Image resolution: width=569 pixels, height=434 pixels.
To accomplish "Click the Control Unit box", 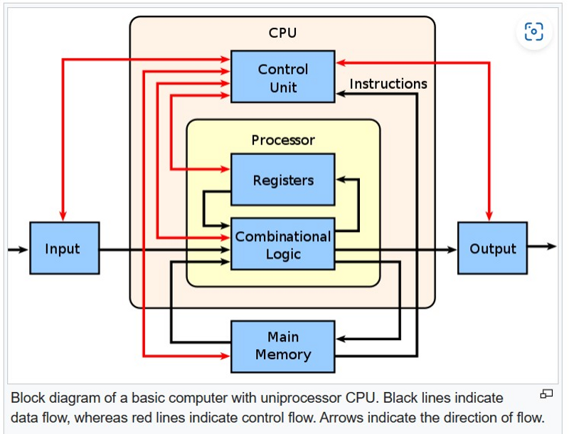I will (282, 77).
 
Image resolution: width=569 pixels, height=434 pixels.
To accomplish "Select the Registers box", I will (282, 179).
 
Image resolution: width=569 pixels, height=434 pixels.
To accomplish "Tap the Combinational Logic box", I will (282, 244).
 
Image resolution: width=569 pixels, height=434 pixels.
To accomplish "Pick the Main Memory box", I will (282, 346).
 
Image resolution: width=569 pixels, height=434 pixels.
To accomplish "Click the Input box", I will (64, 248).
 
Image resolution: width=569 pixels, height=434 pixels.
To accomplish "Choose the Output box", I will (492, 248).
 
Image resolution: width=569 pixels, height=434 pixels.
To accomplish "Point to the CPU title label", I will (282, 33).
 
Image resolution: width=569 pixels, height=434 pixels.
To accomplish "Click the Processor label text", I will (282, 140).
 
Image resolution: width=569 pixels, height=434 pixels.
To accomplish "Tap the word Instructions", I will (388, 84).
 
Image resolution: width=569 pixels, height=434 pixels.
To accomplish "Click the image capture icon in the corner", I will (533, 31).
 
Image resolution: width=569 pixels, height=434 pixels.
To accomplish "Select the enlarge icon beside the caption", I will (546, 393).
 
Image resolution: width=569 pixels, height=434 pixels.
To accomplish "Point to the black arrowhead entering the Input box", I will (23, 250).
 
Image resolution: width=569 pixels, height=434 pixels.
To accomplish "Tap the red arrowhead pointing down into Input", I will (63, 216).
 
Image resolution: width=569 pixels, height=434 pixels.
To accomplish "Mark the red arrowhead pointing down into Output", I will (489, 216).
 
